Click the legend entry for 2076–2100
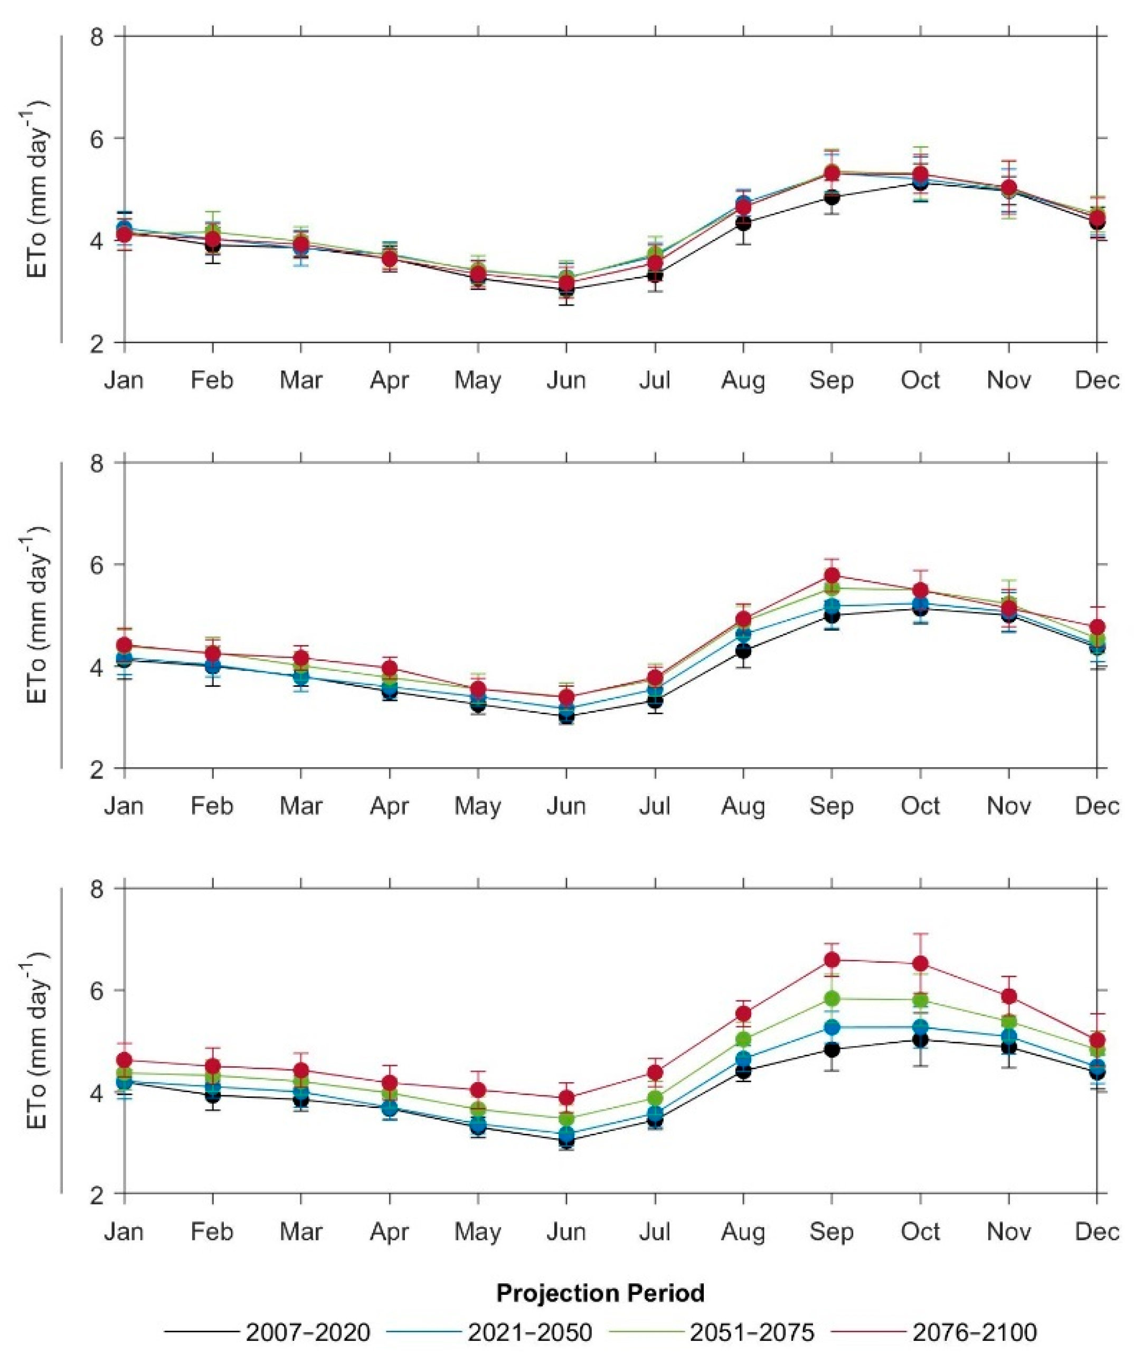(975, 1347)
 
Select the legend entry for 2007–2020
(307, 1347)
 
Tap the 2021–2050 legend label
(530, 1347)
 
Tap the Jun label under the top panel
(566, 380)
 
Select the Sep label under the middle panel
(832, 806)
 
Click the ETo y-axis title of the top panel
(39, 188)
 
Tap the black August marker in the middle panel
(743, 650)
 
